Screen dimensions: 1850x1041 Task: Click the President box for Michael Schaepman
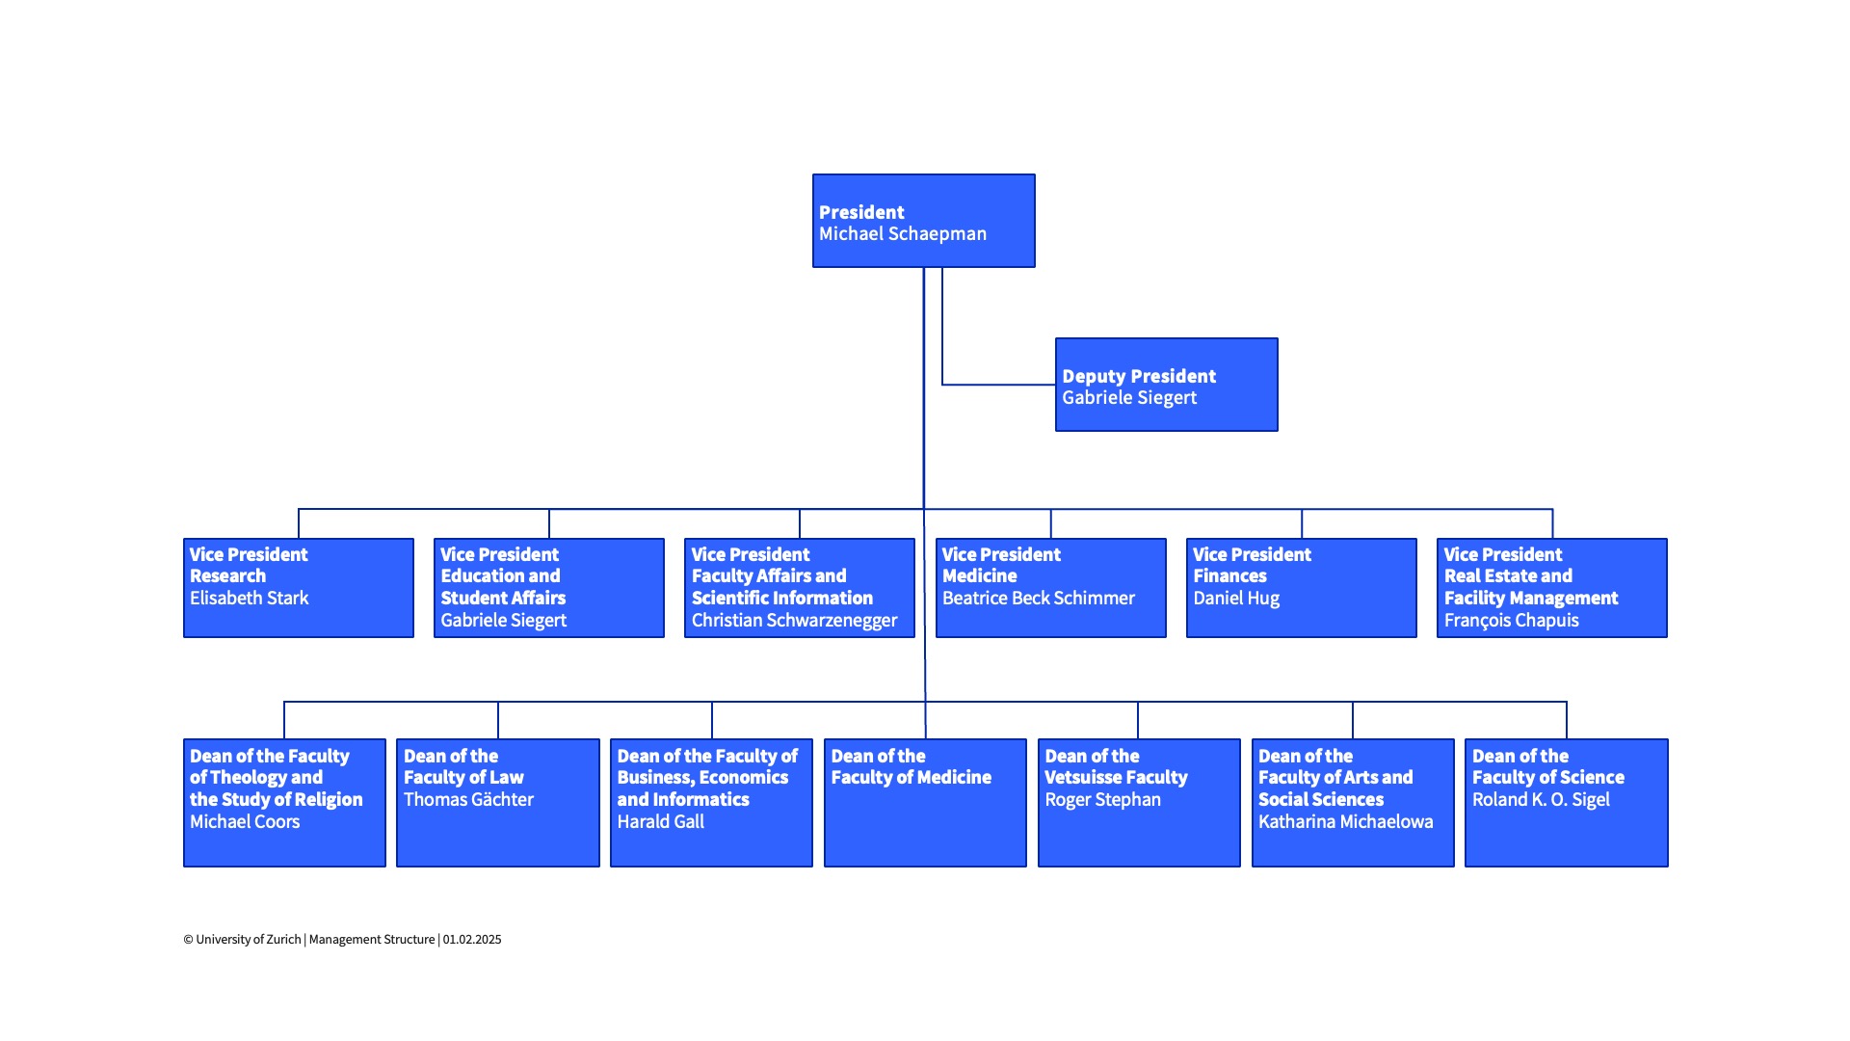pyautogui.click(x=924, y=221)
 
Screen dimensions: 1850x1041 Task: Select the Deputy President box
pyautogui.click(x=1167, y=385)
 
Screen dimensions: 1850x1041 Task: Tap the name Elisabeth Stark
pyautogui.click(x=249, y=598)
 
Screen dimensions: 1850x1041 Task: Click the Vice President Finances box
pyautogui.click(x=1302, y=588)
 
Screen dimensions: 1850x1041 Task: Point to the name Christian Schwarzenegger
pyautogui.click(x=794, y=620)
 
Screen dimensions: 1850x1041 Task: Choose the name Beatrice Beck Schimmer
pyautogui.click(x=1038, y=598)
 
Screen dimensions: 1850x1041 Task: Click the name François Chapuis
pyautogui.click(x=1511, y=620)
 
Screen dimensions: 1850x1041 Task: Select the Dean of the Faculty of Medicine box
pyautogui.click(x=926, y=803)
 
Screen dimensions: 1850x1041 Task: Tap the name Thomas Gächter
pyautogui.click(x=468, y=799)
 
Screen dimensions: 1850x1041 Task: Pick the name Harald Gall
pyautogui.click(x=660, y=821)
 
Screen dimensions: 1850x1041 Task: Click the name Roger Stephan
pyautogui.click(x=1102, y=799)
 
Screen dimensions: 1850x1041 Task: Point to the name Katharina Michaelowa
pyautogui.click(x=1345, y=821)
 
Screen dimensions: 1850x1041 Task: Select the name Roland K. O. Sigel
pyautogui.click(x=1541, y=799)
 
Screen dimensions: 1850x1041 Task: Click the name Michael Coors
pyautogui.click(x=245, y=821)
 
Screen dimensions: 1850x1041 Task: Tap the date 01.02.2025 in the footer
pyautogui.click(x=472, y=939)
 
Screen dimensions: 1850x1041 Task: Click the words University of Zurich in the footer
pyautogui.click(x=249, y=939)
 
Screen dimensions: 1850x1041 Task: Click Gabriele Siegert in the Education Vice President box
pyautogui.click(x=503, y=620)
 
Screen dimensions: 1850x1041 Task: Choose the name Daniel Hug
pyautogui.click(x=1236, y=598)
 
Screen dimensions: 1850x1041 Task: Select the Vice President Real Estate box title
pyautogui.click(x=1530, y=576)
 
